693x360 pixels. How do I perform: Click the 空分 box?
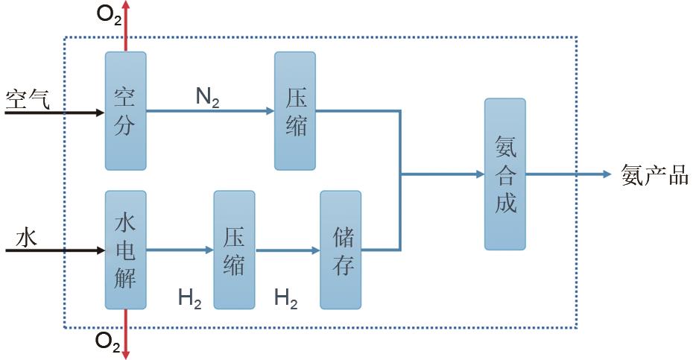[125, 111]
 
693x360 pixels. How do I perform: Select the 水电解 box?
[125, 250]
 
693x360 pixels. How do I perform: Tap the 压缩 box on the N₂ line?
[295, 111]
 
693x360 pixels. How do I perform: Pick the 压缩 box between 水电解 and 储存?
[234, 250]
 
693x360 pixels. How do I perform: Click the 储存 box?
[341, 250]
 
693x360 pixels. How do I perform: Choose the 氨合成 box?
[505, 174]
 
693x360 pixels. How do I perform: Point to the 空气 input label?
[28, 98]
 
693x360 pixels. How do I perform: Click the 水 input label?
[26, 238]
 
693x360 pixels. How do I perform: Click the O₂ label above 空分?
[109, 14]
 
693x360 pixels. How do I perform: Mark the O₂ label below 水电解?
[108, 342]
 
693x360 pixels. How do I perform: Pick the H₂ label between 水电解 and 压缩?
[189, 299]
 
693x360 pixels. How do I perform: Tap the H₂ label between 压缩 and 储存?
[285, 299]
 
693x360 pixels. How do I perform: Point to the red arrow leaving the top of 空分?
[126, 26]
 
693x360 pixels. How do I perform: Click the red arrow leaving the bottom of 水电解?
[126, 334]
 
